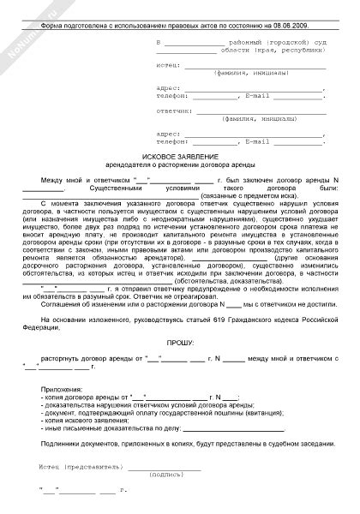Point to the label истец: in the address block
(x=168, y=64)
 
